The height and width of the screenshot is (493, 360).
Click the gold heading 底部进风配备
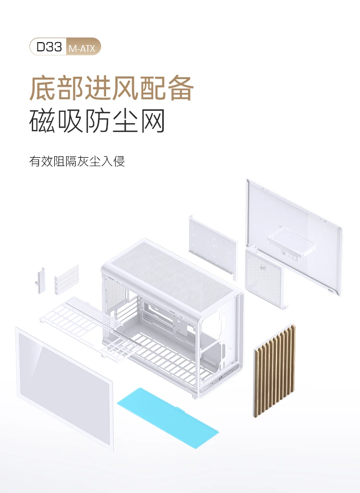[x=111, y=87]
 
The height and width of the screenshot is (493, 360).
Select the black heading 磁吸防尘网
[x=97, y=121]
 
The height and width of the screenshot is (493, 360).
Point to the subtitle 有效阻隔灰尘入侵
[x=77, y=161]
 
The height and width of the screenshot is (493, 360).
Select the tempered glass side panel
[x=64, y=387]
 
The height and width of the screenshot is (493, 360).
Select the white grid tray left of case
[x=72, y=319]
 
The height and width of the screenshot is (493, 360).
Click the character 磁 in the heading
[x=42, y=121]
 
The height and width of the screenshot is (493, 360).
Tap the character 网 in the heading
[x=153, y=121]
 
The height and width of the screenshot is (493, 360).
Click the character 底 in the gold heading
[x=42, y=87]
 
